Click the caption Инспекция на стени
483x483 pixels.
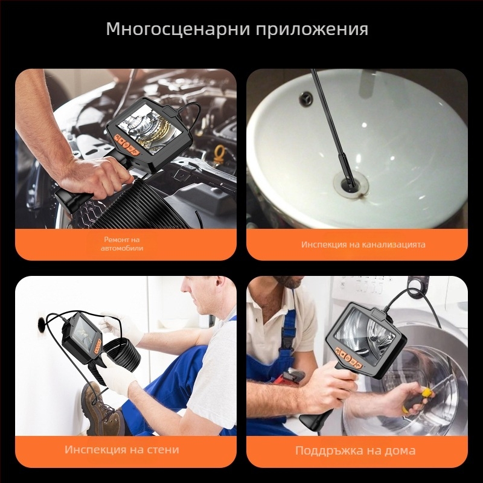[123, 450]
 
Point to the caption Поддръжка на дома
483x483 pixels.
[356, 450]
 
